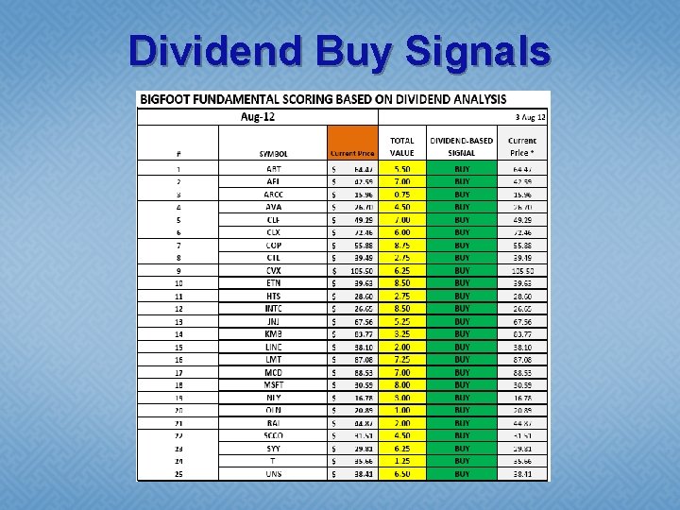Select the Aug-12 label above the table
[259, 117]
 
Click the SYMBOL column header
[273, 152]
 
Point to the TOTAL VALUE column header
[401, 146]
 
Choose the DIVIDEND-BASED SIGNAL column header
[461, 146]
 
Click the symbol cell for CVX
[273, 270]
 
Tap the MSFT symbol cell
[273, 385]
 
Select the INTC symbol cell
[273, 309]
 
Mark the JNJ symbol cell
[273, 321]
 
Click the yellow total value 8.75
[401, 245]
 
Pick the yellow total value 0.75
[401, 194]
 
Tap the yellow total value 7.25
[401, 360]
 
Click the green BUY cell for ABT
[461, 168]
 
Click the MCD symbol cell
[273, 373]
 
